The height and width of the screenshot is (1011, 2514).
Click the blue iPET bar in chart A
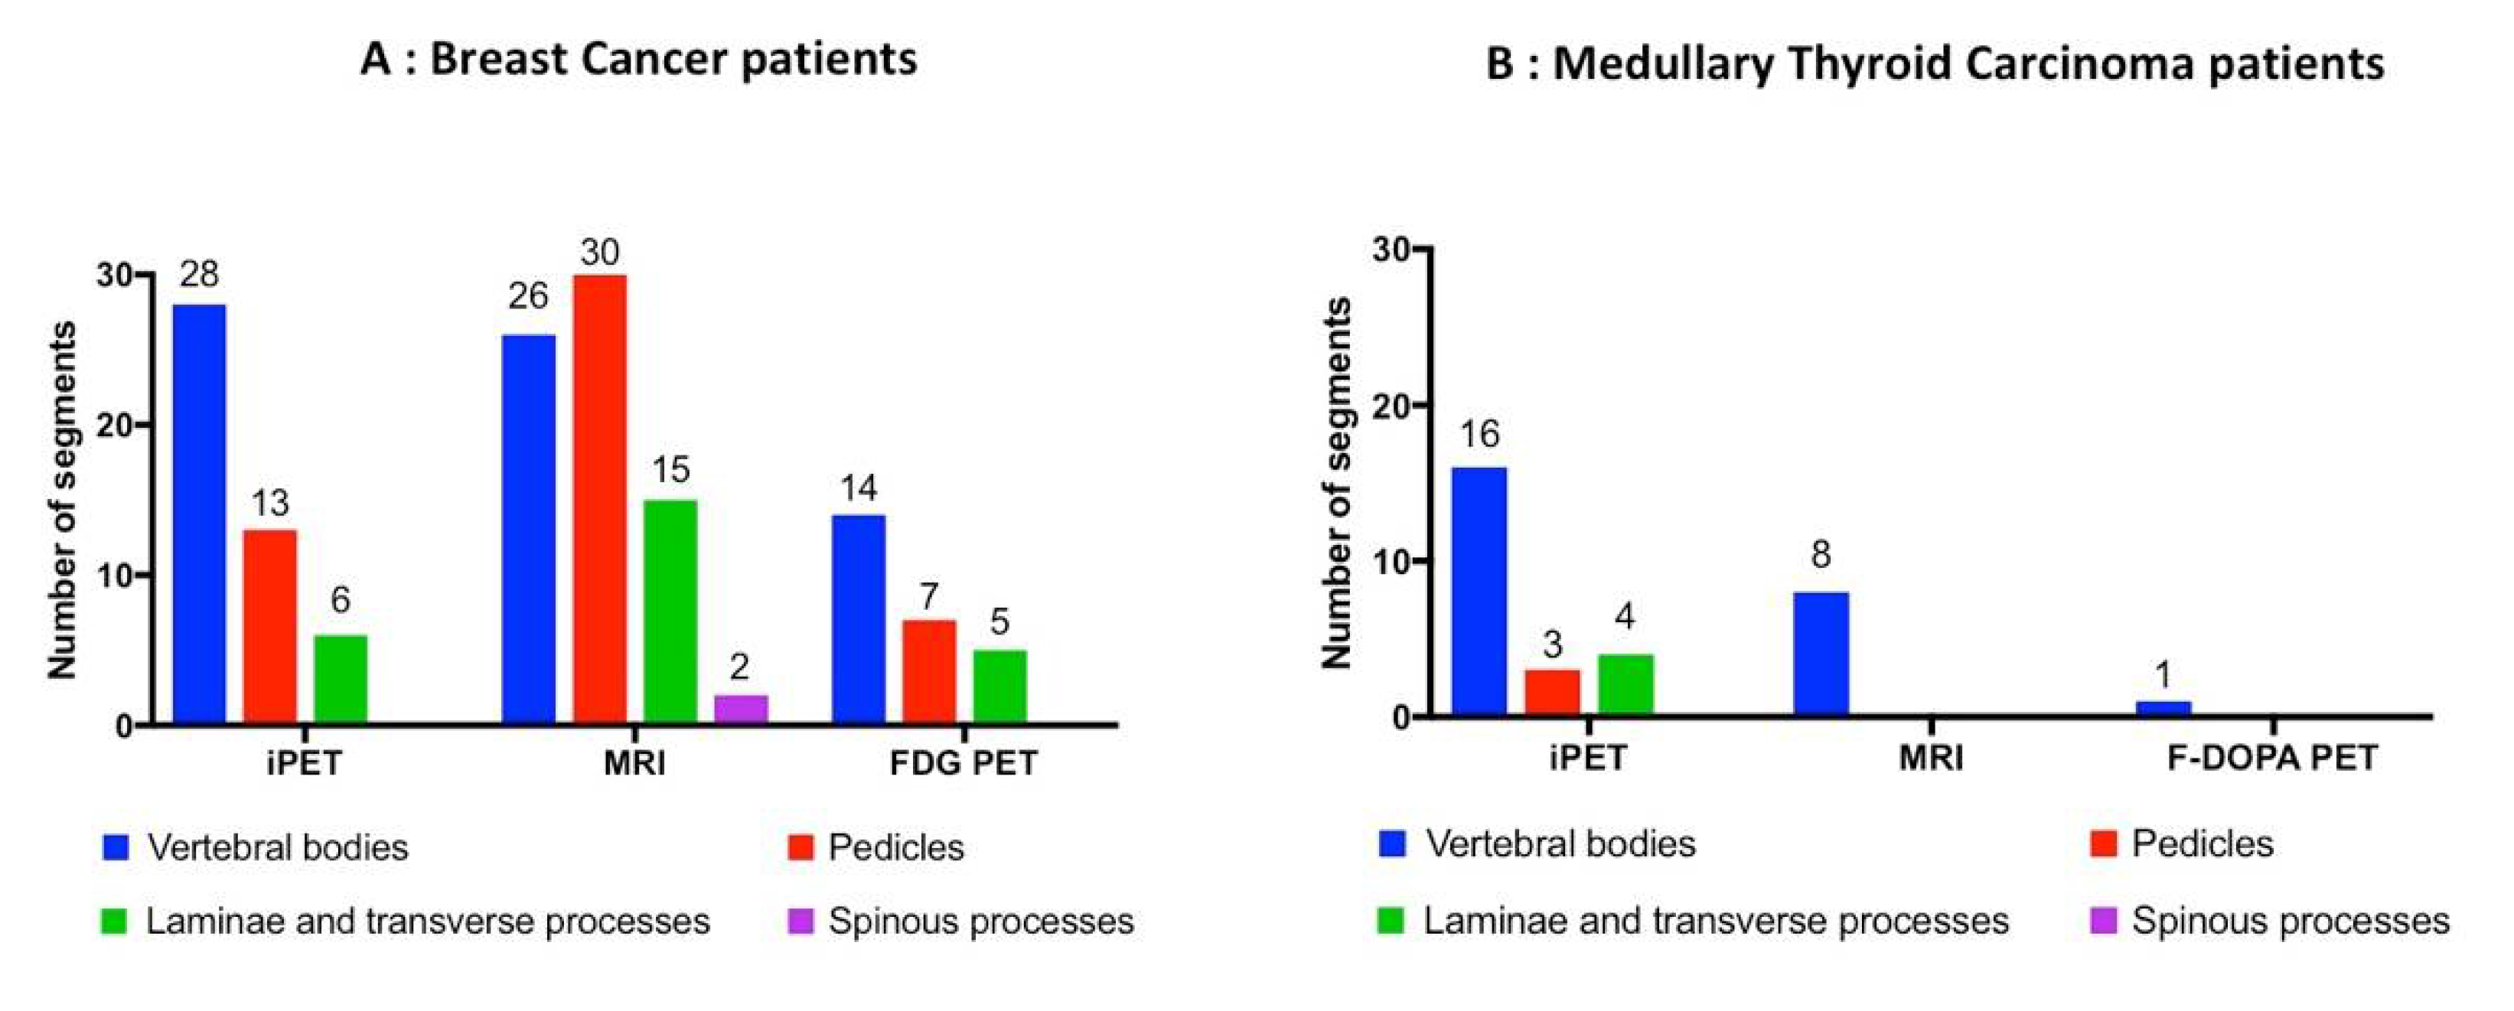point(199,514)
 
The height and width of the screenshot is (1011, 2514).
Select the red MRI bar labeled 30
point(599,500)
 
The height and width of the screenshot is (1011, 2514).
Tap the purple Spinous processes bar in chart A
point(741,709)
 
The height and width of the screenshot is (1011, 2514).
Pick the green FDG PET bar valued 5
point(999,687)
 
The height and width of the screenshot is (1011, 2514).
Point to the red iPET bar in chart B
point(1552,693)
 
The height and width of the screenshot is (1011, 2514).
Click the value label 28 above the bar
point(199,274)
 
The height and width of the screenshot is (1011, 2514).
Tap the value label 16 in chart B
point(1479,434)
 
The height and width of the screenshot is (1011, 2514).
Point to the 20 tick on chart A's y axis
point(113,426)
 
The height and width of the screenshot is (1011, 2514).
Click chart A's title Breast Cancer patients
point(638,60)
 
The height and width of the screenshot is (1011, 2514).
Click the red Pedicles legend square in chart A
point(801,847)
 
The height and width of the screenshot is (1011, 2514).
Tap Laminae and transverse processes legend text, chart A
point(428,921)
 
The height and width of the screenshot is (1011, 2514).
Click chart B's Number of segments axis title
point(1337,483)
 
